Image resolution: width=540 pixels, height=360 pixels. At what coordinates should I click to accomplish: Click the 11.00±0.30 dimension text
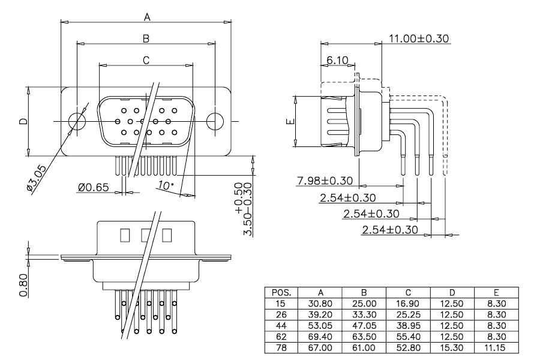[x=419, y=38]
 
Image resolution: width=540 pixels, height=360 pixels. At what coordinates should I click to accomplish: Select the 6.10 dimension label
[x=337, y=60]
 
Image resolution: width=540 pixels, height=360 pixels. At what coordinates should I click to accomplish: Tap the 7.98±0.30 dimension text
[x=325, y=181]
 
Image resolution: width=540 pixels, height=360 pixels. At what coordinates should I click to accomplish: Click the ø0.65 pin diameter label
[x=94, y=187]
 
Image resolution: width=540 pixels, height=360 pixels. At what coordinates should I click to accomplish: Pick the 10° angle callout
[x=166, y=185]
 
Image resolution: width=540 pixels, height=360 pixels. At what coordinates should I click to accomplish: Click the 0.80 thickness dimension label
[x=23, y=285]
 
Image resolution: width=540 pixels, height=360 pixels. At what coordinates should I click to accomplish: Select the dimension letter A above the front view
[x=147, y=17]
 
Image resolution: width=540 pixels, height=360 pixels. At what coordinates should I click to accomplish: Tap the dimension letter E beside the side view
[x=291, y=121]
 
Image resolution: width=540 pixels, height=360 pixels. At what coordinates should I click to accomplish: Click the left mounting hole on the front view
[x=76, y=121]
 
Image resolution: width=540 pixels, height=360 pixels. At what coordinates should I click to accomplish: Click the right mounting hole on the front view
[x=215, y=121]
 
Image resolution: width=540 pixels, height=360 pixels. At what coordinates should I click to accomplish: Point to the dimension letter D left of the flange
[x=23, y=121]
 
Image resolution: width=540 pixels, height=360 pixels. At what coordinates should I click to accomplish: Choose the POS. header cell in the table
[x=281, y=293]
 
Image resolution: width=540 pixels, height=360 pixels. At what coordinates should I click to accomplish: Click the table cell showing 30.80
[x=320, y=304]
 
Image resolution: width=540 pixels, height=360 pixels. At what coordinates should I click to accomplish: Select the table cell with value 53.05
[x=320, y=326]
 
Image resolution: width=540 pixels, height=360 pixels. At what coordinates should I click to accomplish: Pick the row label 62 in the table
[x=281, y=337]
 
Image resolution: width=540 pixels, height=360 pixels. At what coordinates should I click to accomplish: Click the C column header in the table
[x=408, y=293]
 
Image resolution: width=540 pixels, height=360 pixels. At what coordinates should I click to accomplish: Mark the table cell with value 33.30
[x=364, y=315]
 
